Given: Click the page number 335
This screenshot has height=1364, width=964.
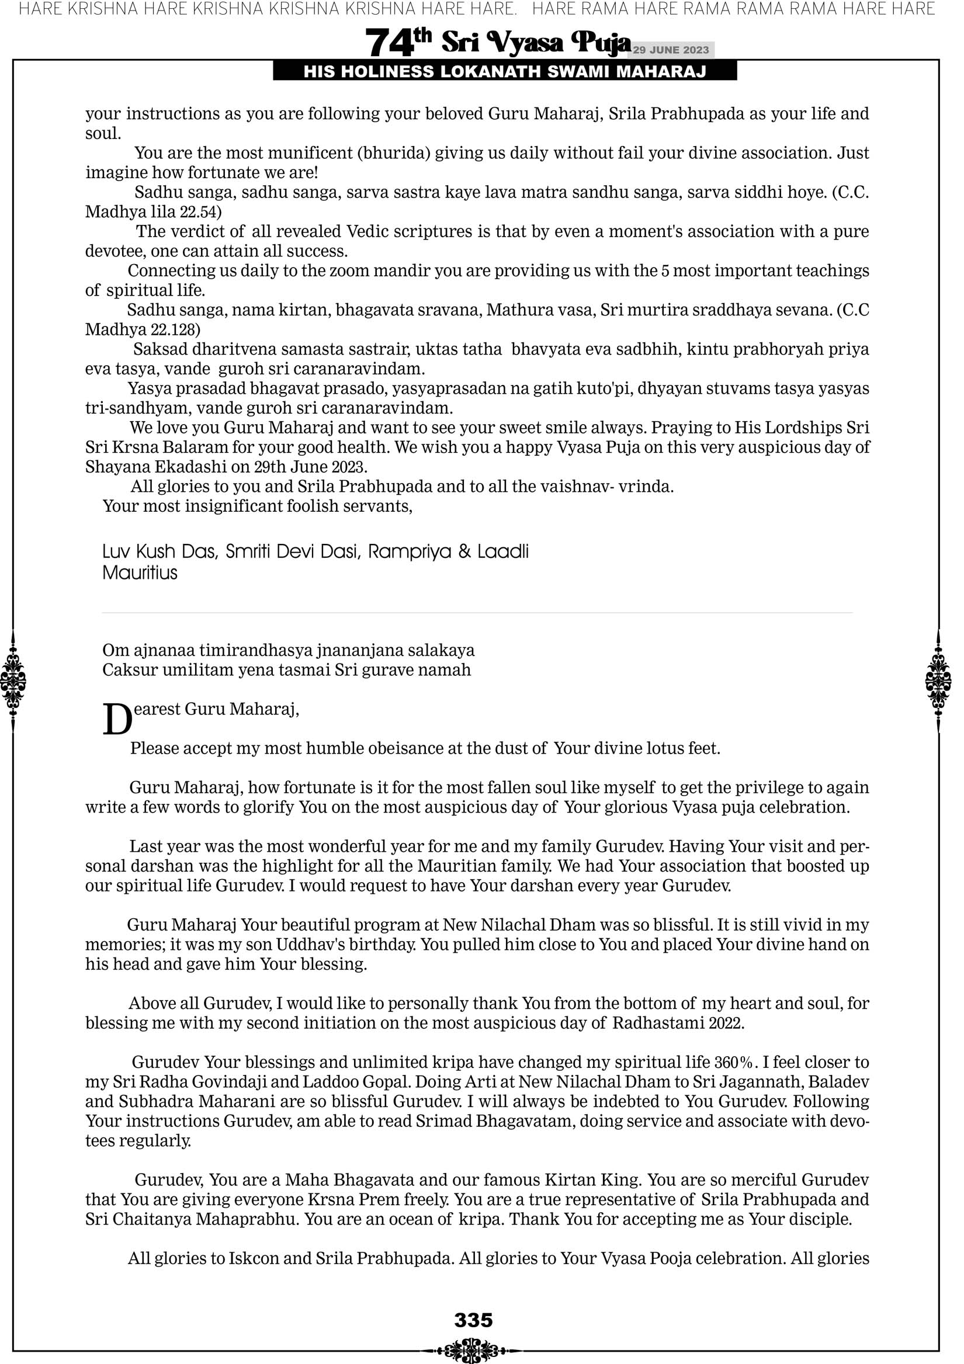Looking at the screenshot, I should point(473,1320).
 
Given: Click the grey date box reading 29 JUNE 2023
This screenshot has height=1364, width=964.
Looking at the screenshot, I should point(671,50).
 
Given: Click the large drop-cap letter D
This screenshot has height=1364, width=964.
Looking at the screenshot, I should point(117,720).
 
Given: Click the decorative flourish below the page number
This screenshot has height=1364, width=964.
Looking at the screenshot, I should point(473,1348).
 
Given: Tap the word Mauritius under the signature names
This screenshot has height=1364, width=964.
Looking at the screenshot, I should point(140,572).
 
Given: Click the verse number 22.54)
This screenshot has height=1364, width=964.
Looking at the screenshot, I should point(200,212).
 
